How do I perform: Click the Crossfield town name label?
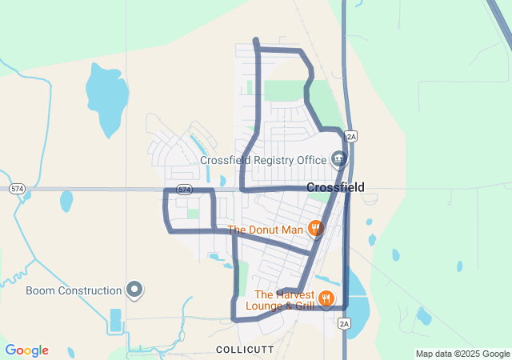(335, 187)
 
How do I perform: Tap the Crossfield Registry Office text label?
(263, 159)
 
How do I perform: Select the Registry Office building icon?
(339, 158)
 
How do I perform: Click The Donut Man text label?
(266, 230)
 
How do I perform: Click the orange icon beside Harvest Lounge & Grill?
(326, 299)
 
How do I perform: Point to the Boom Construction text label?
(74, 290)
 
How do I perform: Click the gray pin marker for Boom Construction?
(134, 290)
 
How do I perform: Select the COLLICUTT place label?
(245, 350)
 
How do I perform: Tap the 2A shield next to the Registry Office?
(350, 136)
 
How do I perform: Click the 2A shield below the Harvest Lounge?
(344, 323)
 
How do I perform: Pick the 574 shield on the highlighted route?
(185, 190)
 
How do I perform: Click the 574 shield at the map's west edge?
(17, 189)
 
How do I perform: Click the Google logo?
(26, 350)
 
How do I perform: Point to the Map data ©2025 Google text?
(462, 354)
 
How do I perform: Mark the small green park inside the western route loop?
(193, 214)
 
